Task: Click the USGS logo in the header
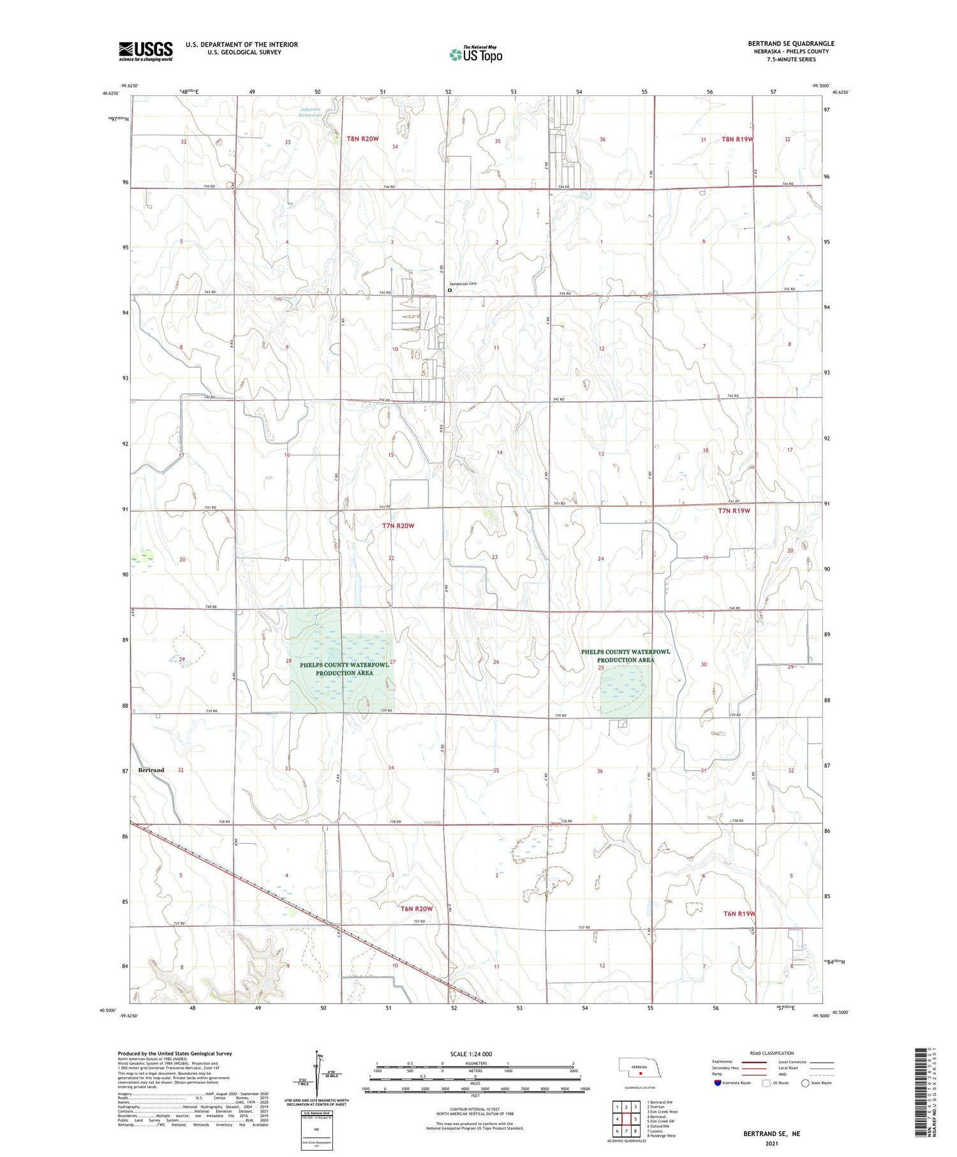[145, 51]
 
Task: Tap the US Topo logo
[475, 55]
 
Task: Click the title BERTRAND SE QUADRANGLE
[791, 43]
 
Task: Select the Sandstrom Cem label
[463, 283]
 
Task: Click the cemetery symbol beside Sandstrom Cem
[450, 290]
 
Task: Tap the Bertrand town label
[151, 770]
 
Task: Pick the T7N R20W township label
[398, 526]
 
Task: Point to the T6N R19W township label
[739, 914]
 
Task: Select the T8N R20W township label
[363, 138]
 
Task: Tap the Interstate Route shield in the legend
[718, 1083]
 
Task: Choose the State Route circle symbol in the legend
[805, 1083]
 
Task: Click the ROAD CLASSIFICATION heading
[772, 1053]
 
